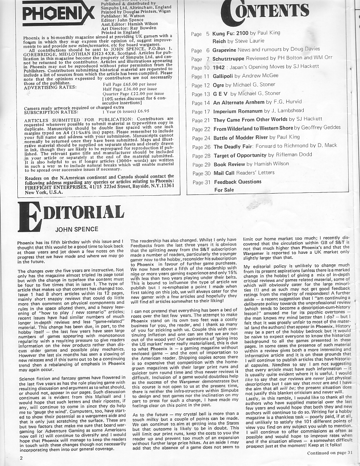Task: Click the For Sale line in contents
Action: (224, 190)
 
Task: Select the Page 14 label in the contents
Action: (200, 103)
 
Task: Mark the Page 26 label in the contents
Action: (201, 147)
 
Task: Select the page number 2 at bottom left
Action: (20, 458)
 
